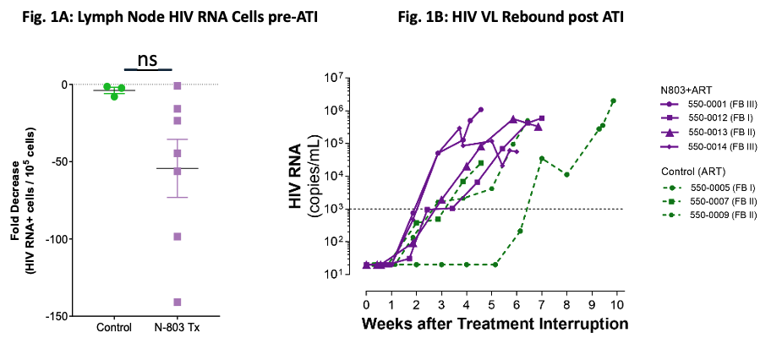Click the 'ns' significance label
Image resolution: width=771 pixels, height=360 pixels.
(147, 59)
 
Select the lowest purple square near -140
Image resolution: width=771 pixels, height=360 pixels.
(177, 302)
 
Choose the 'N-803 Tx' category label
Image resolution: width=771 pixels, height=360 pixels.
(177, 328)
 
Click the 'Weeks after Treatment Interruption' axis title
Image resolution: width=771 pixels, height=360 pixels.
(495, 325)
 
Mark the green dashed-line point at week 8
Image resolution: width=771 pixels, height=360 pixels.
(567, 175)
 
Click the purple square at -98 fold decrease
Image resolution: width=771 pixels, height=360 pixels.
(177, 237)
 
